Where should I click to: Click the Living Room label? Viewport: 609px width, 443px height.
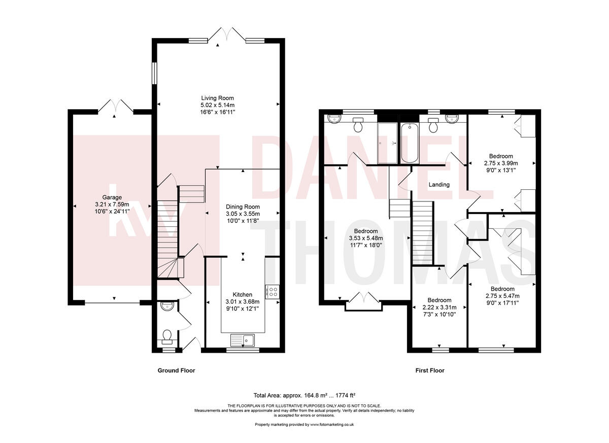(217, 98)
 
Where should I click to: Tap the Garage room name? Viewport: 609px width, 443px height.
(112, 197)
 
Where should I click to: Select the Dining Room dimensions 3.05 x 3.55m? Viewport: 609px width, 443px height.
(243, 214)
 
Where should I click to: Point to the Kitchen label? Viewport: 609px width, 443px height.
(242, 294)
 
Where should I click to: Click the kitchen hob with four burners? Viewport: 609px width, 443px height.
(272, 292)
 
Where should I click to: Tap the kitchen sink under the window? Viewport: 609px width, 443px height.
(243, 340)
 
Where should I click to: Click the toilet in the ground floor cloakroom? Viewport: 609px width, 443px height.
(166, 336)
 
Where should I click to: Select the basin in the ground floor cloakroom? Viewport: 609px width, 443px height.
(167, 306)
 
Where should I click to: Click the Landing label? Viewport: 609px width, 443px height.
(439, 185)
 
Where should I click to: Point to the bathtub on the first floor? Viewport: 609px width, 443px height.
(410, 143)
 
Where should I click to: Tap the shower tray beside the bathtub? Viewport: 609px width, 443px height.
(387, 143)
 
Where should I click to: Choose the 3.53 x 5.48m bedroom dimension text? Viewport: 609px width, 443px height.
(366, 238)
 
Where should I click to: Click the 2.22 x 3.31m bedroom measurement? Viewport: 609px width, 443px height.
(439, 308)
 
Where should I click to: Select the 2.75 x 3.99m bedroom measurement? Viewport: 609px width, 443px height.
(501, 163)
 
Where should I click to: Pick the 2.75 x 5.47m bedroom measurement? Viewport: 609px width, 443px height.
(502, 296)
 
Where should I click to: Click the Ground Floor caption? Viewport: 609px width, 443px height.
(176, 370)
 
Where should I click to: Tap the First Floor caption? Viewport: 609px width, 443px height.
(430, 370)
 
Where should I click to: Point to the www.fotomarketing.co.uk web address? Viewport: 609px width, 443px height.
(332, 425)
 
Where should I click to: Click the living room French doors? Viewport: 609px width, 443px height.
(227, 35)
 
